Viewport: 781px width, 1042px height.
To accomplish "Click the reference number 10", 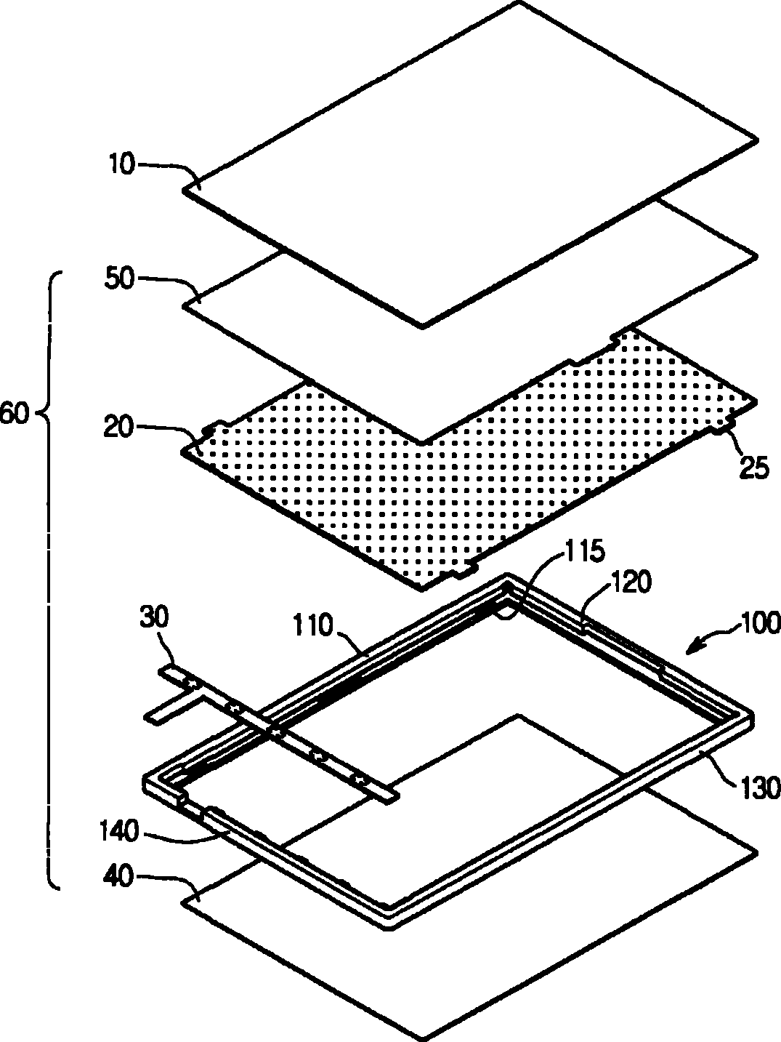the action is click(x=122, y=164).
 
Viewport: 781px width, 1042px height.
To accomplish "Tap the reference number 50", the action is click(x=119, y=279).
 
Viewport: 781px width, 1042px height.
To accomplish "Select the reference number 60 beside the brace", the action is click(x=15, y=414).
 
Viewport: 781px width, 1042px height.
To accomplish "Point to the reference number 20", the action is click(x=119, y=427).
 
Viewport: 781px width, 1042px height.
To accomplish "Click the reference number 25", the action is click(x=753, y=468).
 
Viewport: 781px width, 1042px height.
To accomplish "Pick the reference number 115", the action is click(x=584, y=551).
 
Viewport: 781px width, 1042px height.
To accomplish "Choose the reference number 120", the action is click(x=631, y=582).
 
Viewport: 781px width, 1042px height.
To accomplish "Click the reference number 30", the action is click(x=154, y=619).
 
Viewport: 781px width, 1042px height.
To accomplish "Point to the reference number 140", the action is click(x=119, y=832).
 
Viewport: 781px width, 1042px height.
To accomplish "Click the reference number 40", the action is click(x=119, y=876).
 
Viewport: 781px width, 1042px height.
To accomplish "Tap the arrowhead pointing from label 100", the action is click(x=694, y=649).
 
